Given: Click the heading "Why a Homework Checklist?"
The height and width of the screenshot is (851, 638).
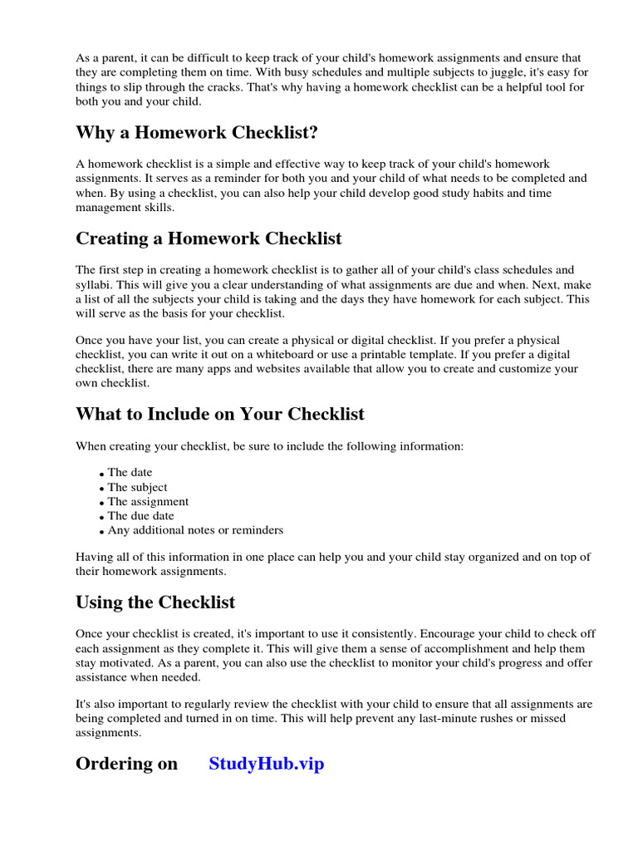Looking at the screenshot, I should (197, 133).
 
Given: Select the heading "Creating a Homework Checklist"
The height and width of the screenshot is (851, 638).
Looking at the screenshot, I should (209, 239).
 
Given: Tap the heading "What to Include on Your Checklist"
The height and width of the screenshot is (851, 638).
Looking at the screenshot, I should (220, 414).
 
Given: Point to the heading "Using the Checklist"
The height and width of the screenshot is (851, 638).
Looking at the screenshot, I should (155, 603).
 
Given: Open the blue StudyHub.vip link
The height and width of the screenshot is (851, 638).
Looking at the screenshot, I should (266, 764).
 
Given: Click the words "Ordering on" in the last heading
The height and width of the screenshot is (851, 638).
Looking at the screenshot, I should (126, 764).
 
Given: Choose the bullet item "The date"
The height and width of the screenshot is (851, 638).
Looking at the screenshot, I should (130, 473).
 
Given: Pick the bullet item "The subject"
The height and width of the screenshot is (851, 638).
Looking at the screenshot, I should (137, 487).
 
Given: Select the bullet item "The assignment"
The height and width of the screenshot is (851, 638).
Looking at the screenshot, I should (148, 501).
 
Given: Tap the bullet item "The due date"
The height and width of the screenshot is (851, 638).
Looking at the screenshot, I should (140, 515).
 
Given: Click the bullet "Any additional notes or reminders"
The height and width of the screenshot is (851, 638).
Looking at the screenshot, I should (195, 529).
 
